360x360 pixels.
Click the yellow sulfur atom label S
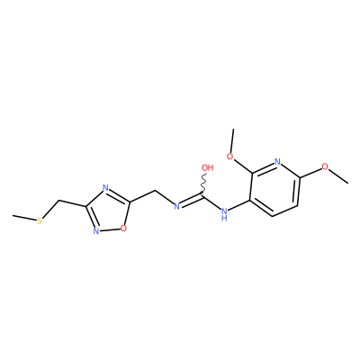(40, 221)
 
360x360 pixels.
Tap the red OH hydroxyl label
(207, 167)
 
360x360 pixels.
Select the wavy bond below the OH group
(204, 184)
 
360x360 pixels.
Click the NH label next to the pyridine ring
(224, 214)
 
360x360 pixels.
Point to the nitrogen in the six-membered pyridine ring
(277, 162)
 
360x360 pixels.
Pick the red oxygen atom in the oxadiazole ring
(123, 229)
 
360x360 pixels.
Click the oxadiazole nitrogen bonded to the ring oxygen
(96, 231)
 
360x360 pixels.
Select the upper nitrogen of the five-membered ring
(105, 188)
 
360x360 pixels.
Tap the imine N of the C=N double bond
(177, 206)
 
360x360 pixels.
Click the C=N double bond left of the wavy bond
(192, 201)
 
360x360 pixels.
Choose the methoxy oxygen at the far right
(325, 166)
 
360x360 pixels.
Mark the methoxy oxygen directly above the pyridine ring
(230, 157)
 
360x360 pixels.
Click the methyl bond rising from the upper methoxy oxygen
(232, 140)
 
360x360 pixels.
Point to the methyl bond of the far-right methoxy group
(338, 175)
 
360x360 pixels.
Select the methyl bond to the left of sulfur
(24, 218)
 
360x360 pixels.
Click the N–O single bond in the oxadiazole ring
(110, 230)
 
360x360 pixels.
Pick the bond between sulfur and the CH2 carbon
(50, 210)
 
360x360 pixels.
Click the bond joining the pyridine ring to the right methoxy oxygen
(310, 172)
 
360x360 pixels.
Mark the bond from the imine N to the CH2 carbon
(164, 197)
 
